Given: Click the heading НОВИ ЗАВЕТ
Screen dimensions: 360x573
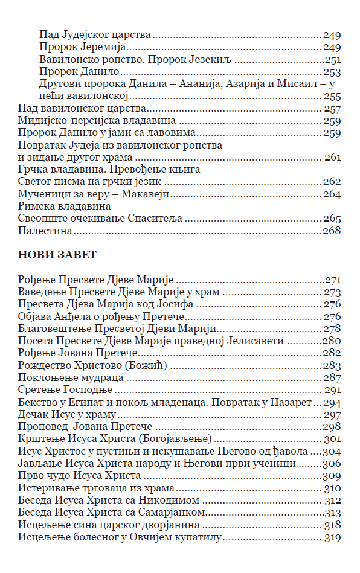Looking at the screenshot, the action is pyautogui.click(x=57, y=255).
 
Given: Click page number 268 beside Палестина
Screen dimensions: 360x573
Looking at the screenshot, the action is pyautogui.click(x=332, y=231).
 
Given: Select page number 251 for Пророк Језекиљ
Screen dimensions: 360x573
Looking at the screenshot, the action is pyautogui.click(x=333, y=60).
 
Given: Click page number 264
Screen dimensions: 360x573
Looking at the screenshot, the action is pyautogui.click(x=332, y=194).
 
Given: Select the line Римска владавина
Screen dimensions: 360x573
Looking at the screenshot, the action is pyautogui.click(x=60, y=206).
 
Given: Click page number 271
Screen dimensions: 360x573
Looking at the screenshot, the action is pyautogui.click(x=333, y=280).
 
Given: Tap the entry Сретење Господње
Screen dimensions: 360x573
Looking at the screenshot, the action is pyautogui.click(x=63, y=389).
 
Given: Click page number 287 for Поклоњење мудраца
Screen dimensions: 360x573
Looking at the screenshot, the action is pyautogui.click(x=332, y=377).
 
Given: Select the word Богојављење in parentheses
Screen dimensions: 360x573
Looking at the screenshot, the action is pyautogui.click(x=185, y=439).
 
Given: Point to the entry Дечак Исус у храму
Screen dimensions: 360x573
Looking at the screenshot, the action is pyautogui.click(x=66, y=414).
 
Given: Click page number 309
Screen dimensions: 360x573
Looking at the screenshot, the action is pyautogui.click(x=332, y=476).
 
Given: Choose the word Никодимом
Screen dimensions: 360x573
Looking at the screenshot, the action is pyautogui.click(x=173, y=500).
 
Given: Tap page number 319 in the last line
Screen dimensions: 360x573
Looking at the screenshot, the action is pyautogui.click(x=333, y=537).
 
